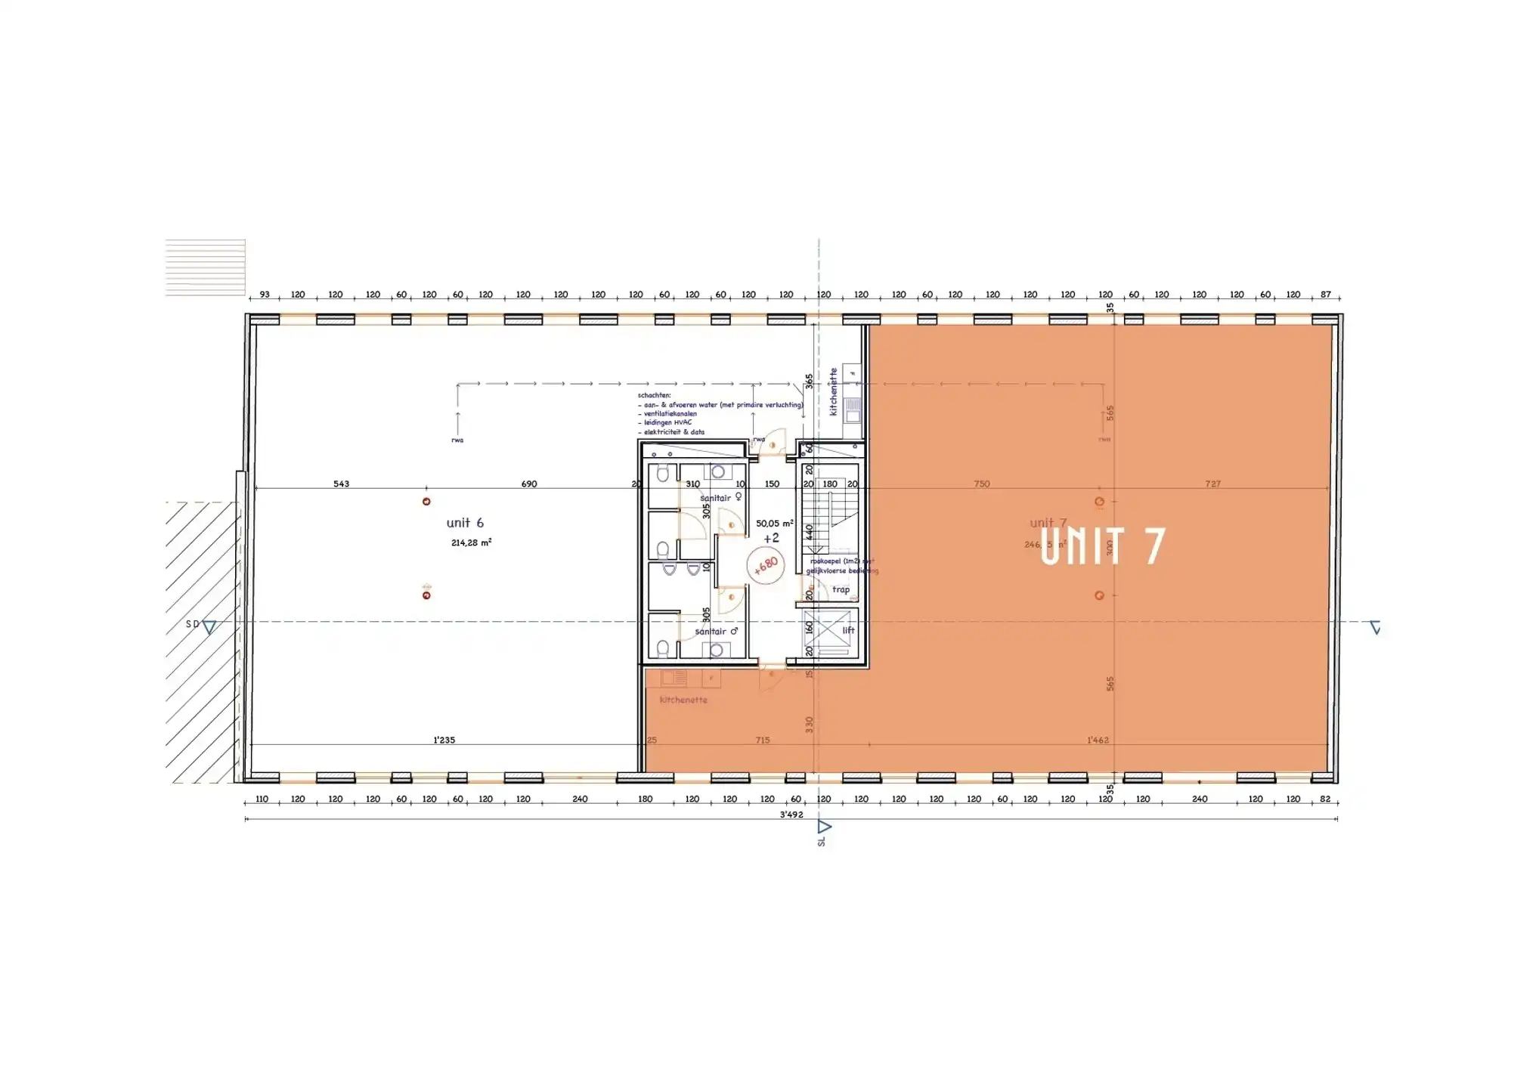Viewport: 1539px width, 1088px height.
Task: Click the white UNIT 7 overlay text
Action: click(x=1102, y=546)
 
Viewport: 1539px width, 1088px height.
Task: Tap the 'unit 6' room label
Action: click(x=464, y=523)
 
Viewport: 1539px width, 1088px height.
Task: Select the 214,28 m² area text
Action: click(x=471, y=542)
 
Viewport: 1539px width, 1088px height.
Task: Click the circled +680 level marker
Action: click(x=766, y=565)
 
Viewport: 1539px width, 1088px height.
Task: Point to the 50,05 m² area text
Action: click(x=774, y=523)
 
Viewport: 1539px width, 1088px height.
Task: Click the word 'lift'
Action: click(x=848, y=630)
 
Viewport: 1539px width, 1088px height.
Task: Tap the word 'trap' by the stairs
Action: click(x=841, y=589)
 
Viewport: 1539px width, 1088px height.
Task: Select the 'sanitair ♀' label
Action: click(x=720, y=498)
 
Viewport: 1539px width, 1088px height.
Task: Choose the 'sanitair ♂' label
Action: click(x=716, y=632)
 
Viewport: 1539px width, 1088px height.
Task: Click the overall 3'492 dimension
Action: click(x=791, y=814)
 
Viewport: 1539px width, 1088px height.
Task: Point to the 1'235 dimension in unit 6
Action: click(x=444, y=740)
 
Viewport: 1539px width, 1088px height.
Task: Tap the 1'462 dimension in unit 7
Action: click(x=1097, y=740)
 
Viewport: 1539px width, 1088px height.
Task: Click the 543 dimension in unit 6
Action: click(x=341, y=484)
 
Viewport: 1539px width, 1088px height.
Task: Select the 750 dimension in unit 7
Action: click(x=981, y=484)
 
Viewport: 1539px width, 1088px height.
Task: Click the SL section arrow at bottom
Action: click(x=824, y=828)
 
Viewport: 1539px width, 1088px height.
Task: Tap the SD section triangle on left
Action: click(x=209, y=626)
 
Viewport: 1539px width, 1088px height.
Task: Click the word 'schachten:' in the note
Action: click(x=654, y=395)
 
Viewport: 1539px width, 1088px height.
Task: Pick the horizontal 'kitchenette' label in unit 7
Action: click(x=683, y=700)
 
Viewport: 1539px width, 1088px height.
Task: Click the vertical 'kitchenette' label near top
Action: click(x=834, y=391)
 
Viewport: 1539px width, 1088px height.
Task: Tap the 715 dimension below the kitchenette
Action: click(x=762, y=740)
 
